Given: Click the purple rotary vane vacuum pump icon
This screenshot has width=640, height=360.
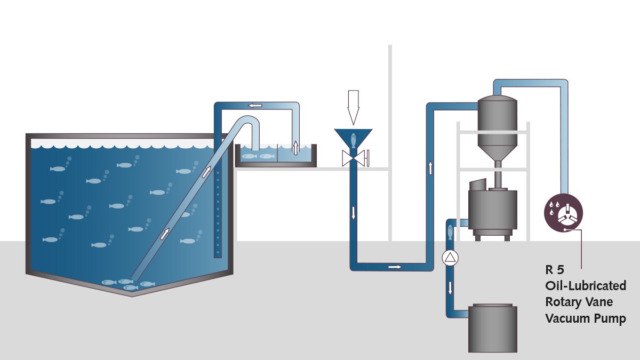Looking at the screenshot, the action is pyautogui.click(x=563, y=213).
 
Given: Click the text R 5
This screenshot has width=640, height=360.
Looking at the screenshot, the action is pyautogui.click(x=555, y=270).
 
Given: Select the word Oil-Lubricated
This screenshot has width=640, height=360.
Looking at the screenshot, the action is pyautogui.click(x=586, y=285).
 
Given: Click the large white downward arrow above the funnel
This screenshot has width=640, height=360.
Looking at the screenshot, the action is pyautogui.click(x=353, y=107).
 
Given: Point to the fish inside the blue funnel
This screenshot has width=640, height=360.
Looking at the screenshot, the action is pyautogui.click(x=354, y=141).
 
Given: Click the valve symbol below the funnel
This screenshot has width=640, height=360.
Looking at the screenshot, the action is pyautogui.click(x=355, y=158).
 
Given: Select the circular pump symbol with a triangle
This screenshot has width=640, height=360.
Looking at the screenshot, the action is pyautogui.click(x=450, y=258).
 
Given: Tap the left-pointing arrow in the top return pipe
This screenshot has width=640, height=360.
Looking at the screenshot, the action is pyautogui.click(x=255, y=106).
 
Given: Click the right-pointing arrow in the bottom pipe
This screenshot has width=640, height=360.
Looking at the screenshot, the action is pyautogui.click(x=395, y=267).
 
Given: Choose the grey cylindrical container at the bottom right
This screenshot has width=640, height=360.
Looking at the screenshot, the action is pyautogui.click(x=493, y=328).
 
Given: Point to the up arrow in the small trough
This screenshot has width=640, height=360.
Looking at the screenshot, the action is pyautogui.click(x=295, y=148).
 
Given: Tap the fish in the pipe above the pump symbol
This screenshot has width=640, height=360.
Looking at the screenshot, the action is pyautogui.click(x=450, y=232).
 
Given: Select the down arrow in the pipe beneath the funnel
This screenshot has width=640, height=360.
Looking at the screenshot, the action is pyautogui.click(x=354, y=213).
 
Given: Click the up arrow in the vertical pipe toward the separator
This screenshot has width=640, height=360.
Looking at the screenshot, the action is pyautogui.click(x=430, y=168).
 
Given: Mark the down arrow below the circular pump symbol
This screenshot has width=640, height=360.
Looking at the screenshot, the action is pyautogui.click(x=450, y=287).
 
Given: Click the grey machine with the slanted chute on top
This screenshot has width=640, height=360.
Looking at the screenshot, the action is pyautogui.click(x=492, y=210).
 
